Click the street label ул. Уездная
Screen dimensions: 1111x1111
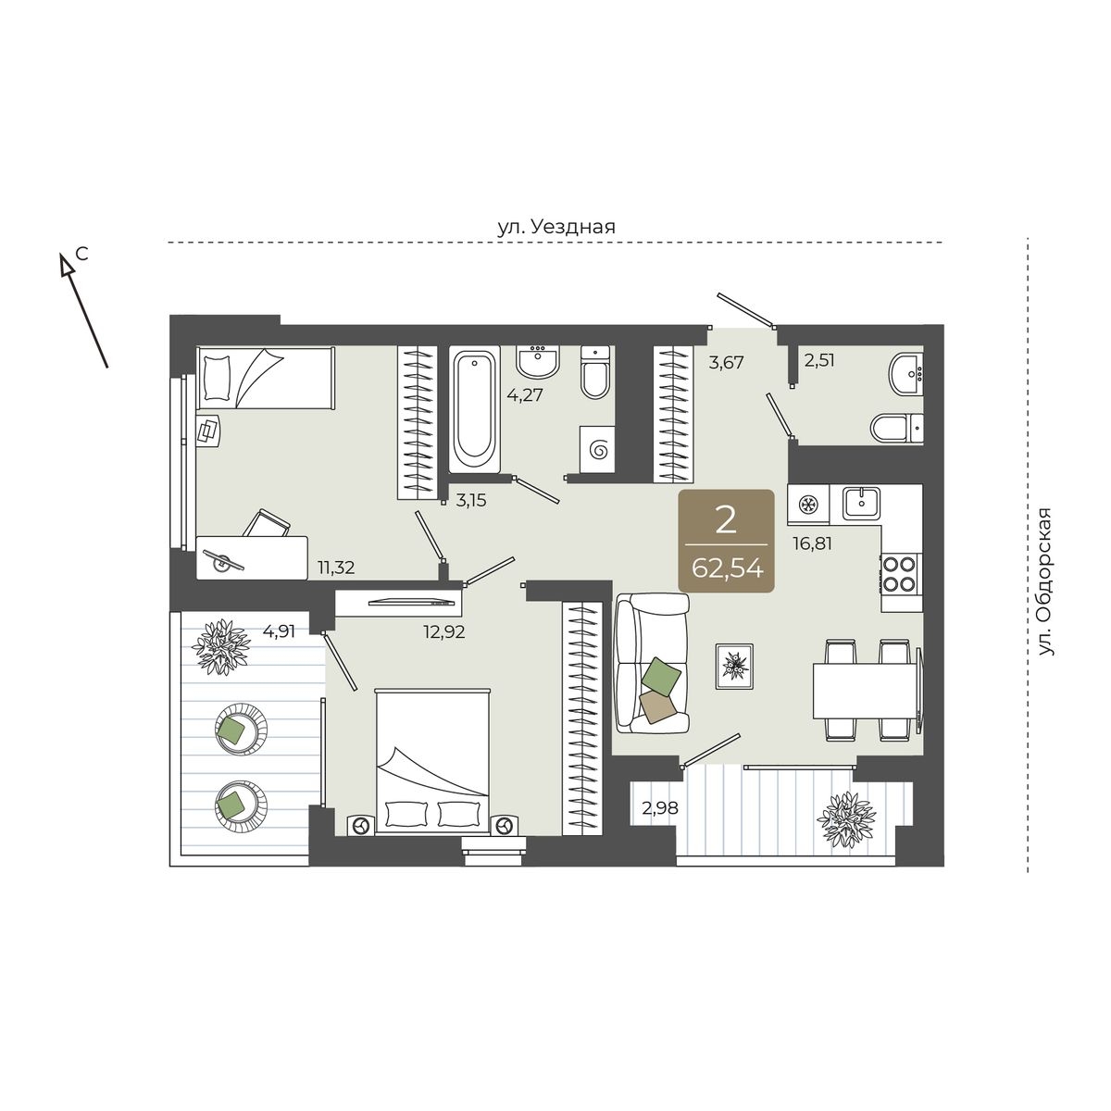click(555, 227)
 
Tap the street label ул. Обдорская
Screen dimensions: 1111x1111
click(1044, 581)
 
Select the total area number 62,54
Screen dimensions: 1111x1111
click(727, 569)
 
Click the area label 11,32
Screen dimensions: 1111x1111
click(336, 568)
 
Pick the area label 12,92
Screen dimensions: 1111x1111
click(444, 632)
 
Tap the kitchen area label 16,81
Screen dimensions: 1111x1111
click(812, 543)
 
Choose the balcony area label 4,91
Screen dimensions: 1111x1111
click(279, 631)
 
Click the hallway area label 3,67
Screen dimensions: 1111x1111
click(727, 363)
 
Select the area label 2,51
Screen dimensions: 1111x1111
click(819, 360)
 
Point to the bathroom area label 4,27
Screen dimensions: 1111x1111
click(525, 395)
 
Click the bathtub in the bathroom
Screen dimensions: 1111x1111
click(475, 409)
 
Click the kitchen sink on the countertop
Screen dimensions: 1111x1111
click(861, 503)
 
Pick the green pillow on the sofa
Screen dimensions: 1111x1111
click(661, 675)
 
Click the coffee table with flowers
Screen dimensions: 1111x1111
click(734, 666)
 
